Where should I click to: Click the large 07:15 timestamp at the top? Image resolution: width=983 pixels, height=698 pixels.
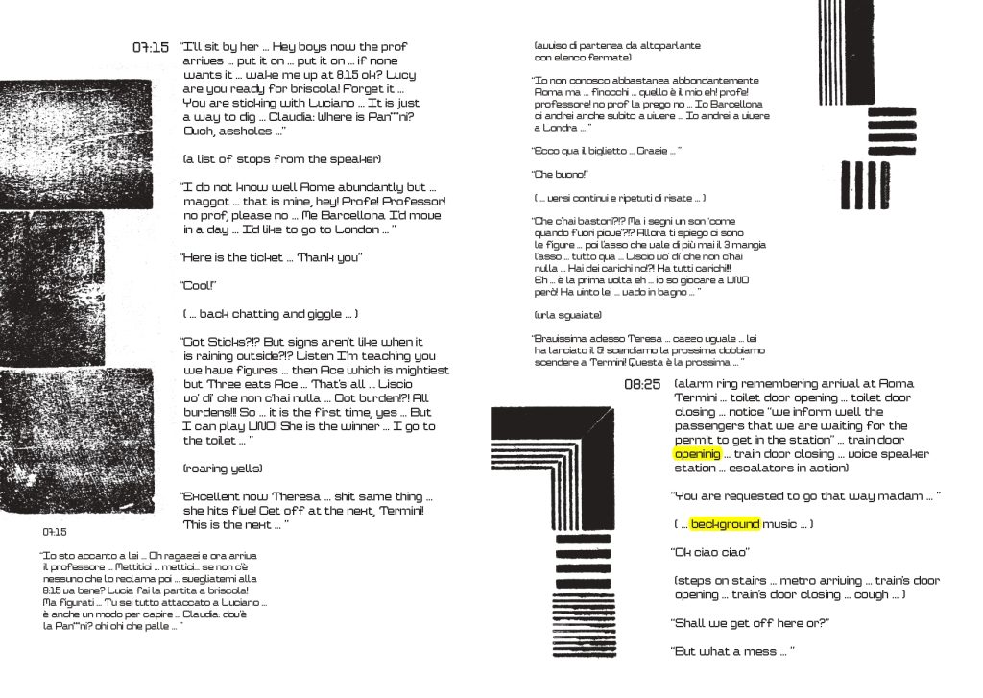(151, 46)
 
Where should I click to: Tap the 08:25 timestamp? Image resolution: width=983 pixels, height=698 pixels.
(642, 384)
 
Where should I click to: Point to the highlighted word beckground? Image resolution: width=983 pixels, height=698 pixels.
(725, 524)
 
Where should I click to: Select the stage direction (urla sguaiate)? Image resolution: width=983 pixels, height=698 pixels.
(567, 314)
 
